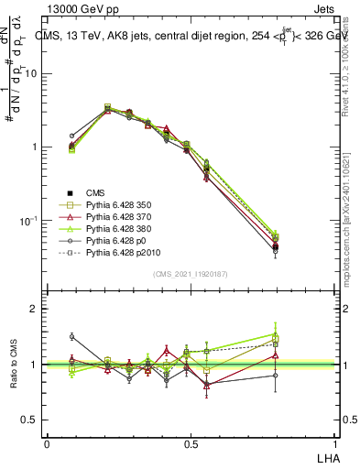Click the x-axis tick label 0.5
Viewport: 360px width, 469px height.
191,442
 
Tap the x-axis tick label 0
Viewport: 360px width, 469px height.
47,442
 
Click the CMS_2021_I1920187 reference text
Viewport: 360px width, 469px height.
191,274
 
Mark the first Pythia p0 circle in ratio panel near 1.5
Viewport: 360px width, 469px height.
71,336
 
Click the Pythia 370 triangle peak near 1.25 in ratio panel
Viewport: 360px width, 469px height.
166,350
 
